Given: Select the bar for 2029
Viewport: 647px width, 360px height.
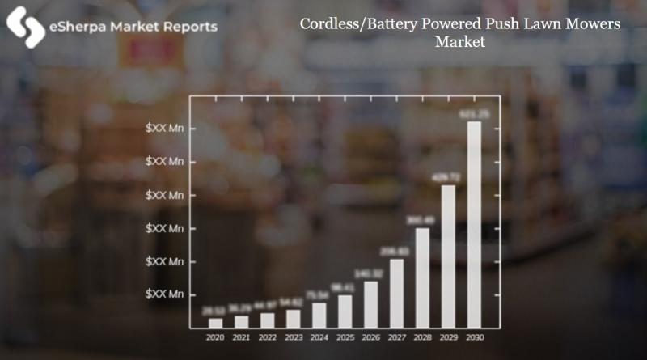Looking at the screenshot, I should [x=448, y=256].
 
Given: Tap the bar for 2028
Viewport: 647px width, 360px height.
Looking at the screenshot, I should [x=422, y=277].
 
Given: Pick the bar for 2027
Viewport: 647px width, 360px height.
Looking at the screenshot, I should [x=396, y=294].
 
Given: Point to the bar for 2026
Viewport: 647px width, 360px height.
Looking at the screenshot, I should [x=370, y=304].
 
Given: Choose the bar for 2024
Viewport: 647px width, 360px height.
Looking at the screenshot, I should [x=319, y=315].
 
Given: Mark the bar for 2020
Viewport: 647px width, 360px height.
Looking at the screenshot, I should [x=215, y=323].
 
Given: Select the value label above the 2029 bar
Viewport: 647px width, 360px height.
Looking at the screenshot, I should [x=448, y=176].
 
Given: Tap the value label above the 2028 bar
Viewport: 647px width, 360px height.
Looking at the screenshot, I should [x=422, y=219].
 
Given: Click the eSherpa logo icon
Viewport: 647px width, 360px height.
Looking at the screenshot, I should [x=25, y=27].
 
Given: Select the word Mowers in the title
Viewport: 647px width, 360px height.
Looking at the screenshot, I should [x=591, y=24].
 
